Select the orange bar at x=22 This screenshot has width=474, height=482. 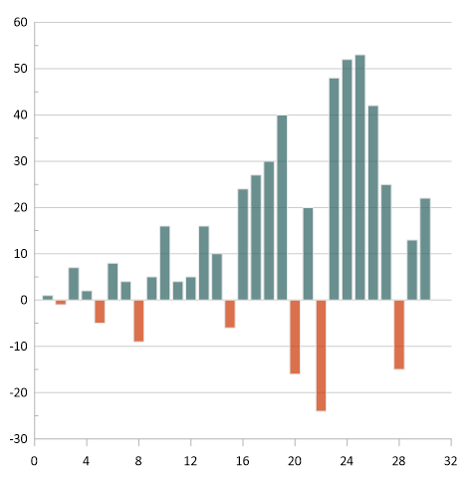pyautogui.click(x=321, y=355)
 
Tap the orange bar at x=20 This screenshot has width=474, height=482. pyautogui.click(x=295, y=337)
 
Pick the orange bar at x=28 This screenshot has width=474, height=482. pyautogui.click(x=398, y=334)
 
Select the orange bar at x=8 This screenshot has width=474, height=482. pyautogui.click(x=138, y=320)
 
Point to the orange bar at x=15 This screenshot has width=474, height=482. pyautogui.click(x=230, y=313)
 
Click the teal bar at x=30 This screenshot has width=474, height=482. pyautogui.click(x=424, y=249)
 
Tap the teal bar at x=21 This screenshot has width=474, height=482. pyautogui.click(x=308, y=253)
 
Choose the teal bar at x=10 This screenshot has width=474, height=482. pyautogui.click(x=164, y=263)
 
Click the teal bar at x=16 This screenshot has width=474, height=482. pyautogui.click(x=243, y=244)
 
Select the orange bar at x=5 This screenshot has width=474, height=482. pyautogui.click(x=100, y=311)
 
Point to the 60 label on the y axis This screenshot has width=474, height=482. pyautogui.click(x=20, y=23)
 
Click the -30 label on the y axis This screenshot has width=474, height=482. pyautogui.click(x=18, y=439)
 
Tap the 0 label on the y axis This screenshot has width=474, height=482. pyautogui.click(x=23, y=300)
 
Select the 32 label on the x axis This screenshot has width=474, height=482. pyautogui.click(x=450, y=461)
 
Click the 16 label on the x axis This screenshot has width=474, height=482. pyautogui.click(x=243, y=461)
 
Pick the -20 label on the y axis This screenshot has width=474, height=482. pyautogui.click(x=18, y=392)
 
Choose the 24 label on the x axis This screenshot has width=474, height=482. pyautogui.click(x=347, y=461)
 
